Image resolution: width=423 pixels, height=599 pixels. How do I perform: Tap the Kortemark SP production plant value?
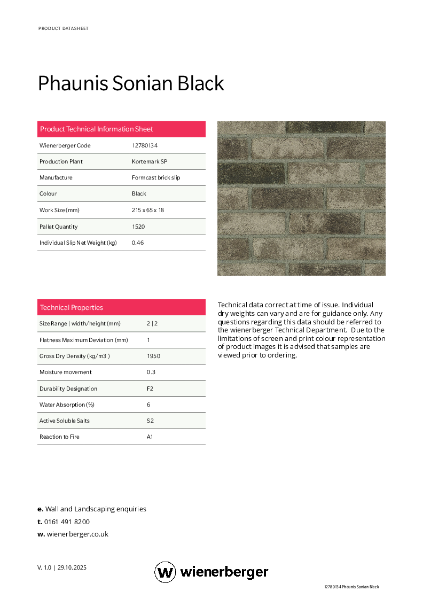(149, 161)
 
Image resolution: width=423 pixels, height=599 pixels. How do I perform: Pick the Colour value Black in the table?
(139, 192)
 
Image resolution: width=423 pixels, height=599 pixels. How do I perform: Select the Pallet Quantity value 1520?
(139, 227)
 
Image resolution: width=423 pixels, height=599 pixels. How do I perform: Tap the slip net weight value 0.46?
(138, 243)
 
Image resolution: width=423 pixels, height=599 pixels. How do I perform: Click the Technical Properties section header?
(71, 307)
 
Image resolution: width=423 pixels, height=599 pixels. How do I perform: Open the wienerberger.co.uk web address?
(77, 534)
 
